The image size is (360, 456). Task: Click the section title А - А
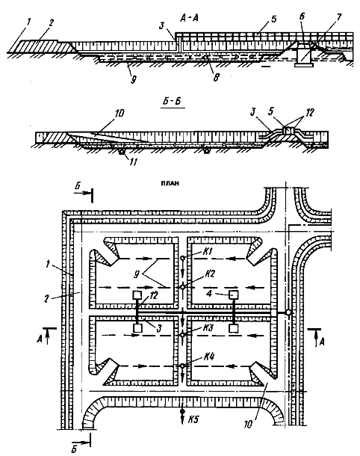189,19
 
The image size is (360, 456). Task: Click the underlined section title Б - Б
173,101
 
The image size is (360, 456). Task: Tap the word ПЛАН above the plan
170,183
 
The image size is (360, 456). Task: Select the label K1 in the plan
207,251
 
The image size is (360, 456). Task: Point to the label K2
209,274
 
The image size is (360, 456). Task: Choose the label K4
208,357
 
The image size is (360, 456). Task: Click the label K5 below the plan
193,419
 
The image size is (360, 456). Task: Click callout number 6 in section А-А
302,16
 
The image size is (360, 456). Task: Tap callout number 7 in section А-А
338,17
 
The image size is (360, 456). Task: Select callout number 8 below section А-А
216,77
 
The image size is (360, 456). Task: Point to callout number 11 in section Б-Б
132,162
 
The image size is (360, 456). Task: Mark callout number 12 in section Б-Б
310,112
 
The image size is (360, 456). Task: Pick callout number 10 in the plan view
248,425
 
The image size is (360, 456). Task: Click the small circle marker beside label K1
183,258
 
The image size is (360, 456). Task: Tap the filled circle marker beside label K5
182,411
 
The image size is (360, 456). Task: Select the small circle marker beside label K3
182,335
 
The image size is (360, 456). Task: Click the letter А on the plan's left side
40,339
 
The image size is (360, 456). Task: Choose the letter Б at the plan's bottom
74,449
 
